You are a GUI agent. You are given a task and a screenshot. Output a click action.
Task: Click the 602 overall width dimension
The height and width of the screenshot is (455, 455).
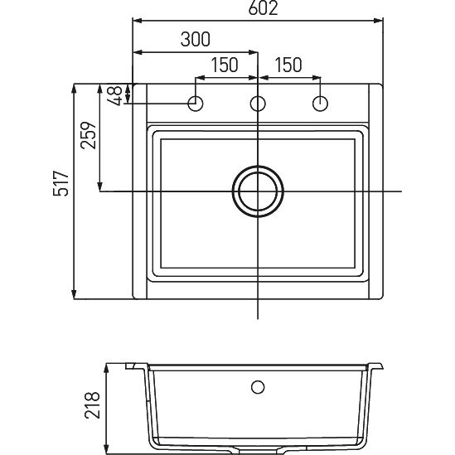click(263, 8)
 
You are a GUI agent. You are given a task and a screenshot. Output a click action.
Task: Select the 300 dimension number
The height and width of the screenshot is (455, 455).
click(195, 39)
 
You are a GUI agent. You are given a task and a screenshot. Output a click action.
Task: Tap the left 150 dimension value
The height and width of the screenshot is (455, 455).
click(225, 65)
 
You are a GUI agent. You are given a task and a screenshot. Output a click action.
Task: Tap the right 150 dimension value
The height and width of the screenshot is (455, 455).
click(288, 65)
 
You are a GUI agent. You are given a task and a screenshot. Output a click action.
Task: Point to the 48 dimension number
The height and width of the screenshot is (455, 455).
click(114, 95)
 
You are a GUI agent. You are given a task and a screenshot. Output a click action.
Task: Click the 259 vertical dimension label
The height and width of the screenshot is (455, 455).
click(88, 135)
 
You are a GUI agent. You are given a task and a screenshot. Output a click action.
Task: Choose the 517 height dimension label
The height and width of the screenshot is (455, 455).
click(61, 183)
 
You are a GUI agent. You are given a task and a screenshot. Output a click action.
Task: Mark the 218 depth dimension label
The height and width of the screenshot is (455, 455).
click(92, 405)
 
